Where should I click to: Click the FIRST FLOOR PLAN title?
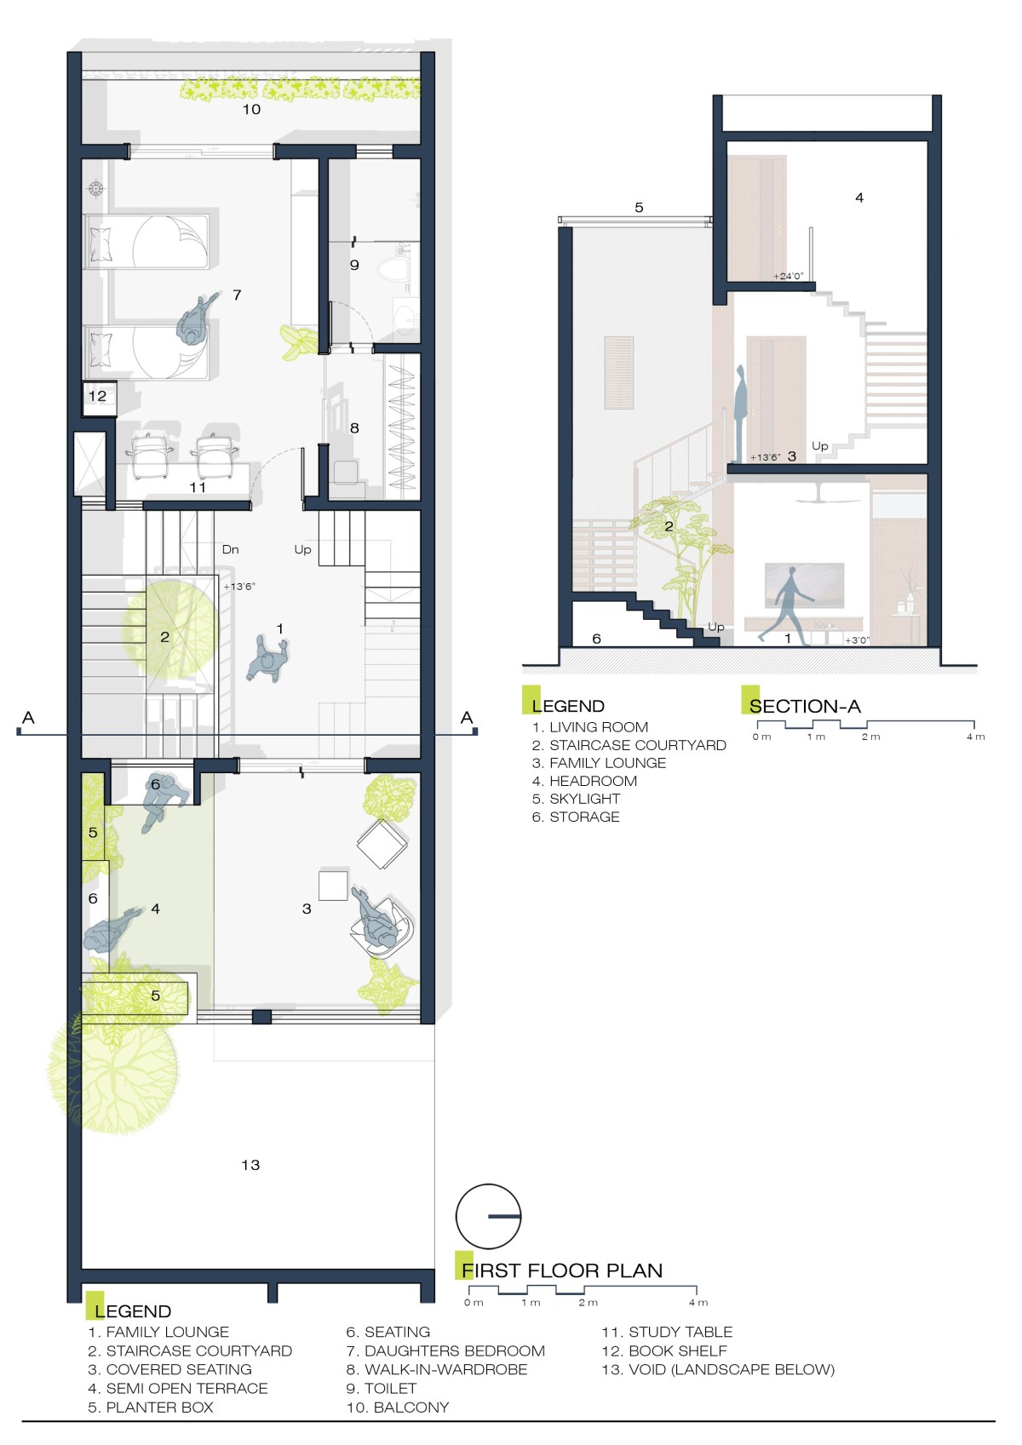coord(562,1270)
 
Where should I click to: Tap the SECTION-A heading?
coord(805,706)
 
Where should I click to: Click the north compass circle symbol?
coord(488,1216)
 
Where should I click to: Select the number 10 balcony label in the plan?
coord(251,109)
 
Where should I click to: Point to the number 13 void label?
coord(250,1164)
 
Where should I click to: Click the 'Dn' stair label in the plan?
coord(230,549)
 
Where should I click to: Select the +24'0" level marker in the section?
coord(788,276)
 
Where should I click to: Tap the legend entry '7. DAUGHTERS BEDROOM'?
coord(445,1350)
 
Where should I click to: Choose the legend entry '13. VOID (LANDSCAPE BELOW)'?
coord(718,1369)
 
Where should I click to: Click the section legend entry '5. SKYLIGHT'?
coord(576,799)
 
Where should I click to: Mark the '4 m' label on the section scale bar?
coord(975,736)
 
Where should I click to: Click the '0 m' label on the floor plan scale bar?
coord(474,1302)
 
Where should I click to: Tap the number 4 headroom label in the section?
coord(858,198)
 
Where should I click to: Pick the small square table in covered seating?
coord(333,885)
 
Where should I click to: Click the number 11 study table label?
coord(198,487)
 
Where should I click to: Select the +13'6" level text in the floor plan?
coord(239,587)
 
